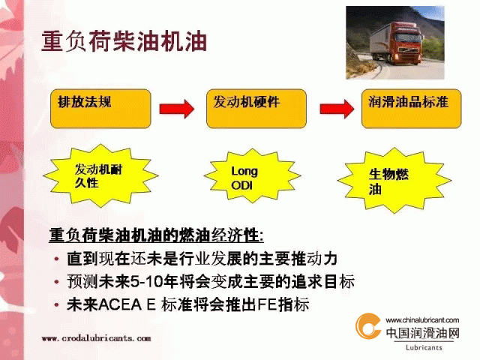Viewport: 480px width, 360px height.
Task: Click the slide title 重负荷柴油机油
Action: [x=124, y=40]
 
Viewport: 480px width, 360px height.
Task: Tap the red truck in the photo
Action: [x=397, y=43]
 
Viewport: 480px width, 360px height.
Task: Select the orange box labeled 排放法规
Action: [x=100, y=109]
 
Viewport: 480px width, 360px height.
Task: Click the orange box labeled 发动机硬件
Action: [x=256, y=109]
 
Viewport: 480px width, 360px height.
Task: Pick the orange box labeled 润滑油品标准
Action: [x=412, y=109]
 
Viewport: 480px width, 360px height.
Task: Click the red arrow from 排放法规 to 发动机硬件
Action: [x=177, y=109]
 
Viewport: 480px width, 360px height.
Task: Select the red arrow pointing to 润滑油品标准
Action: [x=337, y=109]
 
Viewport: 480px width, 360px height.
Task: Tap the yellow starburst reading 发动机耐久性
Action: [x=100, y=175]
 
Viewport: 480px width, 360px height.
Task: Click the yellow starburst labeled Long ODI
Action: [x=252, y=176]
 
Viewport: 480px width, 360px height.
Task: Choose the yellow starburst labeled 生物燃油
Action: [x=394, y=181]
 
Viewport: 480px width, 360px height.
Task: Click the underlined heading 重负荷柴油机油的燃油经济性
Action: [x=156, y=235]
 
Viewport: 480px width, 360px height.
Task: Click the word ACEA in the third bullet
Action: [x=120, y=304]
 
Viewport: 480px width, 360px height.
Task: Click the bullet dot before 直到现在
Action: [x=56, y=259]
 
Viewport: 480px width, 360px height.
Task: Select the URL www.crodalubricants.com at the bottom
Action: [x=96, y=338]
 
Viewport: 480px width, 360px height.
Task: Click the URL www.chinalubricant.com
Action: [x=422, y=320]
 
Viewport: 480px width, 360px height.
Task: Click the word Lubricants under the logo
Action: [x=424, y=347]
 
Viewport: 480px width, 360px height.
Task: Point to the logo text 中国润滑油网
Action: [x=423, y=333]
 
